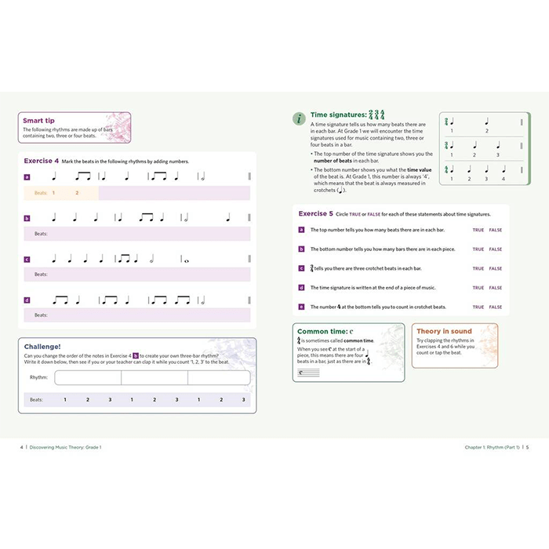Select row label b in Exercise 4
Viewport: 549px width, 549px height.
point(27,219)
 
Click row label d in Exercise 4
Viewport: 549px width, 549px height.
point(27,300)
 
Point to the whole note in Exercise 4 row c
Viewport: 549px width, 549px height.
point(185,260)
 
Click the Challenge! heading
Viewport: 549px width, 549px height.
point(42,345)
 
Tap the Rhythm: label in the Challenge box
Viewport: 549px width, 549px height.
point(38,377)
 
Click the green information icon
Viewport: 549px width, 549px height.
point(299,118)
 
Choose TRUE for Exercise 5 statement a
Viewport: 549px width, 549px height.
point(478,230)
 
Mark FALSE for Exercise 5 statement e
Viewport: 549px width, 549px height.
point(496,307)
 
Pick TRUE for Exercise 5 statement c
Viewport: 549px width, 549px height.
point(478,268)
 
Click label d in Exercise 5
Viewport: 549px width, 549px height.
point(301,288)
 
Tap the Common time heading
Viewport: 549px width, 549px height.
point(323,332)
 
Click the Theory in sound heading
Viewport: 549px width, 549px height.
point(444,332)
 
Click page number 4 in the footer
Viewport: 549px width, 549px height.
point(21,447)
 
